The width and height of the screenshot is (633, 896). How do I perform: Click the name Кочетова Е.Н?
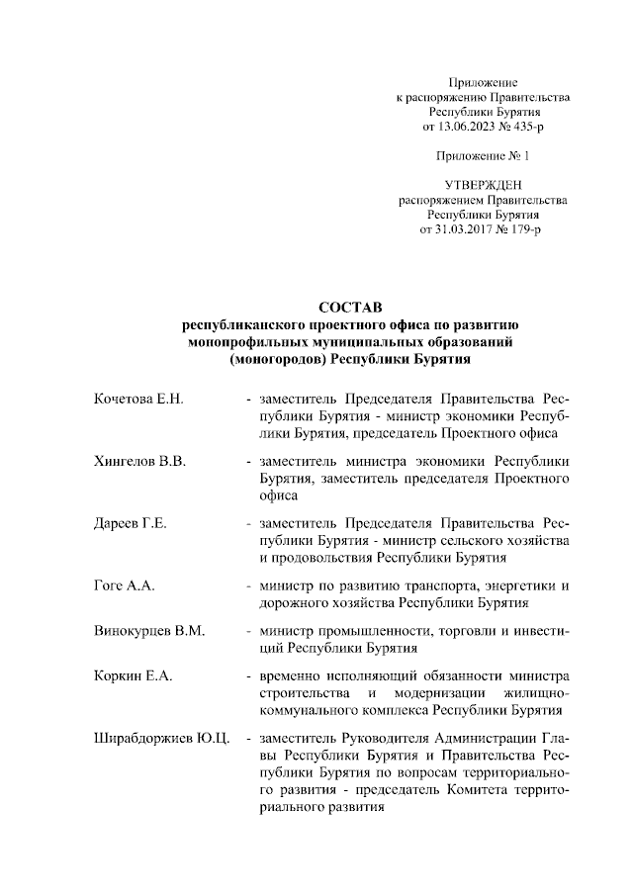tap(138, 426)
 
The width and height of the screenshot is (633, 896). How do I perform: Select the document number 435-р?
tap(522, 128)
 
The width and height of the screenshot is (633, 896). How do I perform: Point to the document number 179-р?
tap(522, 228)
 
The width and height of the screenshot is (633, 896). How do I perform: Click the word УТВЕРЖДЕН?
tap(483, 184)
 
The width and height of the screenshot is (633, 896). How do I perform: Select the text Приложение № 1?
tap(483, 156)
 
